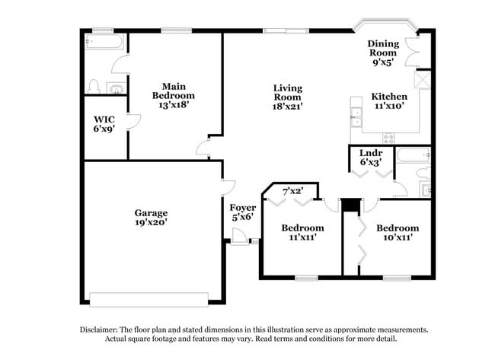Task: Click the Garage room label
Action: tap(152, 213)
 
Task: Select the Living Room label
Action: tap(288, 88)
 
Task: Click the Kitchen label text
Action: tap(389, 97)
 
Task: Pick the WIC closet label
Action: tap(104, 119)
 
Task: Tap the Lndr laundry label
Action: tap(370, 153)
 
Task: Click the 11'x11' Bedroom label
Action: tap(302, 228)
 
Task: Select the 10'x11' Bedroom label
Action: tap(398, 228)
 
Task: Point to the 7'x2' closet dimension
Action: tap(293, 190)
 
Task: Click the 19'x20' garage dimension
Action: tap(152, 223)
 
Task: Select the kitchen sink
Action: tap(356, 116)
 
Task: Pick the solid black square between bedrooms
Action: tap(350, 205)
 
